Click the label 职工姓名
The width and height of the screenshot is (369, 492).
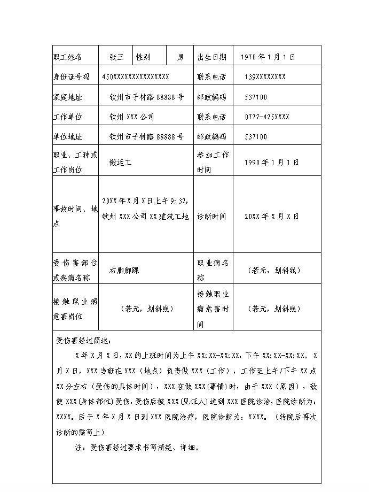tap(68, 57)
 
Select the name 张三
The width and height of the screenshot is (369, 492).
tap(116, 57)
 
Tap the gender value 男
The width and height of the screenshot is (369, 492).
tap(181, 57)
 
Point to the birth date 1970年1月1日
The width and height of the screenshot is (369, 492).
tap(268, 57)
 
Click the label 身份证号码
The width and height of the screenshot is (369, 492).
tap(72, 76)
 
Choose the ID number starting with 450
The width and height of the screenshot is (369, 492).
tap(136, 76)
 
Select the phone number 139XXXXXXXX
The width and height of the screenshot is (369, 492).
tap(265, 76)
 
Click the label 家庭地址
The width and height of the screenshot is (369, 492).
tap(68, 97)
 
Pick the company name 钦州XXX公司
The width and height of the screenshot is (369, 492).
tap(132, 117)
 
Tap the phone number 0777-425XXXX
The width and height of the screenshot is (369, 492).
tap(267, 117)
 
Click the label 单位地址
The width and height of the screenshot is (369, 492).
tap(68, 136)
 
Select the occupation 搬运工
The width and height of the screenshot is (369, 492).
tap(120, 163)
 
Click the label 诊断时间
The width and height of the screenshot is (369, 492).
tap(211, 217)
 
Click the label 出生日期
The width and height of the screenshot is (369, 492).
tap(212, 57)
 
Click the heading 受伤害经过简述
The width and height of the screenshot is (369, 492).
tap(84, 340)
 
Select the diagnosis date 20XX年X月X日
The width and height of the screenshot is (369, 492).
tap(271, 217)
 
